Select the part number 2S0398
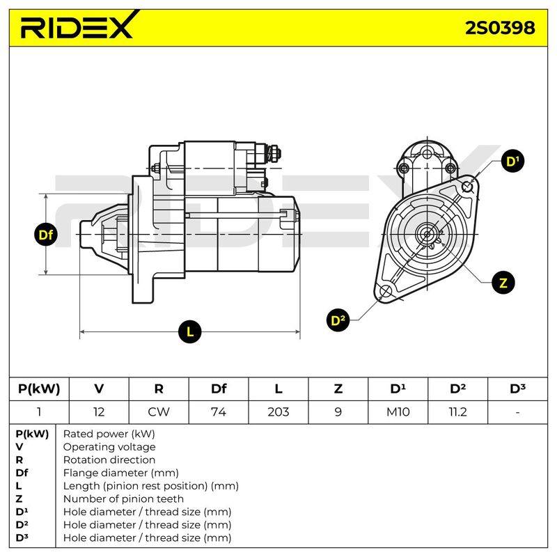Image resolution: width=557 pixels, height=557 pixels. click(500, 27)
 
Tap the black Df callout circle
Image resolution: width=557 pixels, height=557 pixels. click(46, 235)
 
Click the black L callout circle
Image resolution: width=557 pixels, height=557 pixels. click(190, 332)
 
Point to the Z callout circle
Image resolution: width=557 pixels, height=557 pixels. click(503, 283)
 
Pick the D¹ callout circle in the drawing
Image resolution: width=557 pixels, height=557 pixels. click(512, 162)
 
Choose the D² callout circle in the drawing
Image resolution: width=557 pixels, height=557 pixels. click(338, 320)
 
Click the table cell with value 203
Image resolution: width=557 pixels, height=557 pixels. click(278, 412)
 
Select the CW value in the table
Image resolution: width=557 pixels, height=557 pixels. click(159, 412)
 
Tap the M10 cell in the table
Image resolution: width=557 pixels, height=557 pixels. click(398, 412)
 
